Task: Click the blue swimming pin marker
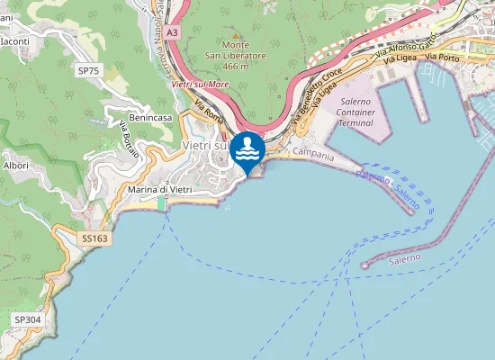click(247, 150)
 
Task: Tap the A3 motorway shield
click(172, 31)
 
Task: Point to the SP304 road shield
click(28, 319)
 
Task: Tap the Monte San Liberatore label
click(236, 50)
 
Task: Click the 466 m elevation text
click(236, 66)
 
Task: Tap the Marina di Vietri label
click(160, 189)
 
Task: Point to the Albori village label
click(16, 166)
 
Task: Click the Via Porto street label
click(443, 57)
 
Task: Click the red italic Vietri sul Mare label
click(200, 83)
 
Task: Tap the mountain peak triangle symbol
click(236, 34)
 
